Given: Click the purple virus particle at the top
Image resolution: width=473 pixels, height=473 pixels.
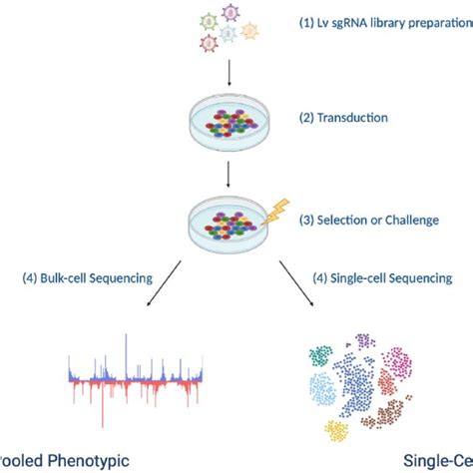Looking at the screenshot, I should pos(231,12).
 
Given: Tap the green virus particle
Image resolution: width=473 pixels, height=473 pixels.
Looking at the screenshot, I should pos(209,21).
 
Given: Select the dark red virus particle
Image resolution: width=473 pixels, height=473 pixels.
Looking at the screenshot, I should pos(209,42).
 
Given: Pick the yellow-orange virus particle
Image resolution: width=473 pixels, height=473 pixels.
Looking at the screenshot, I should pos(251,30).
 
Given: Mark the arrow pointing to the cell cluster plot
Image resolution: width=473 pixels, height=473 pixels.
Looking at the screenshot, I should pos(299,280).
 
